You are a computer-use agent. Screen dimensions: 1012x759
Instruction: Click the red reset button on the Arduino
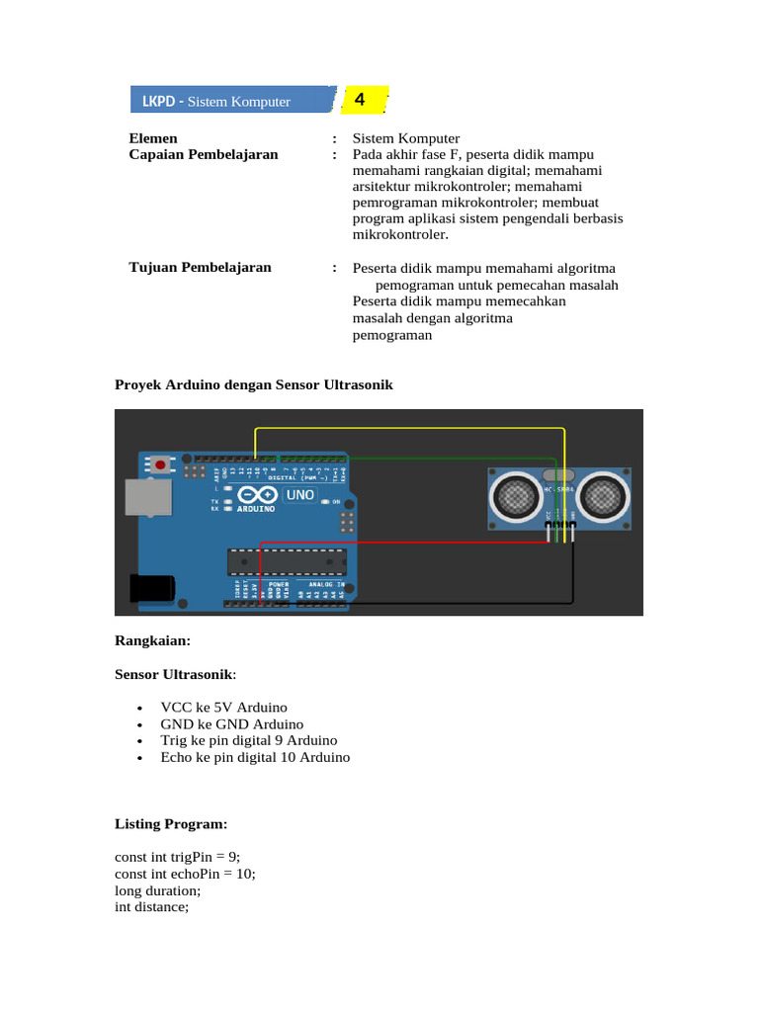coord(160,463)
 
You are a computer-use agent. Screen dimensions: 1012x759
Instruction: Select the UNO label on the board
coord(300,494)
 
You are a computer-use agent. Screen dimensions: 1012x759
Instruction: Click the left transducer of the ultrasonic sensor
coord(515,496)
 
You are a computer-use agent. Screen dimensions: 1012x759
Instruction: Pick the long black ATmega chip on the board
coord(287,561)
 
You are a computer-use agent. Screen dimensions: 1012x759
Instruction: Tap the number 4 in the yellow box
coord(360,100)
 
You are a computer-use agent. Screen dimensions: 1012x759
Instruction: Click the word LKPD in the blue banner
coord(158,102)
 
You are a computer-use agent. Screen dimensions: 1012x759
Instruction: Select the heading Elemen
coord(154,137)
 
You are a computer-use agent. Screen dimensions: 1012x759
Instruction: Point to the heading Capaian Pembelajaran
coord(204,154)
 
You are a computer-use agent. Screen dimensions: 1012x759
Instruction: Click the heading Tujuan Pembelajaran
coord(201,267)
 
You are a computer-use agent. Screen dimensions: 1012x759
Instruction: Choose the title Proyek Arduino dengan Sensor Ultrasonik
coord(254,384)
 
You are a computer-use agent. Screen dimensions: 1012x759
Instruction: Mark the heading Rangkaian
coord(151,640)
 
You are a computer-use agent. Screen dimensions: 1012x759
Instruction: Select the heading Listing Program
coord(170,823)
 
